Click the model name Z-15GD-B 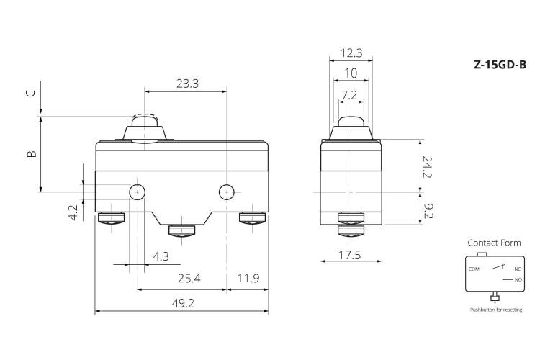pyautogui.click(x=500, y=65)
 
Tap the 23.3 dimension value pyautogui.click(x=187, y=84)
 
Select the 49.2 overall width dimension pyautogui.click(x=183, y=303)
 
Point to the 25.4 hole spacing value pyautogui.click(x=189, y=278)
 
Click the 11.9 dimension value pyautogui.click(x=248, y=278)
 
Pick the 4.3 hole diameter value pyautogui.click(x=161, y=256)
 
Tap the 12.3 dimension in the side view pyautogui.click(x=351, y=53)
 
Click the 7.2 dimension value pyautogui.click(x=349, y=95)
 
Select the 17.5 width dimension pyautogui.click(x=349, y=255)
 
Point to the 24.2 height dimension pyautogui.click(x=428, y=167)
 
